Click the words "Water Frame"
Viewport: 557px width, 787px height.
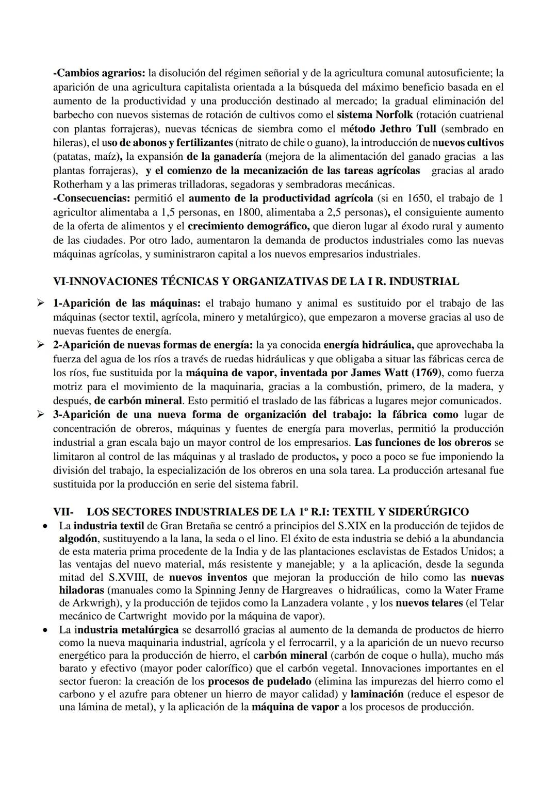pyautogui.click(x=474, y=590)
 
